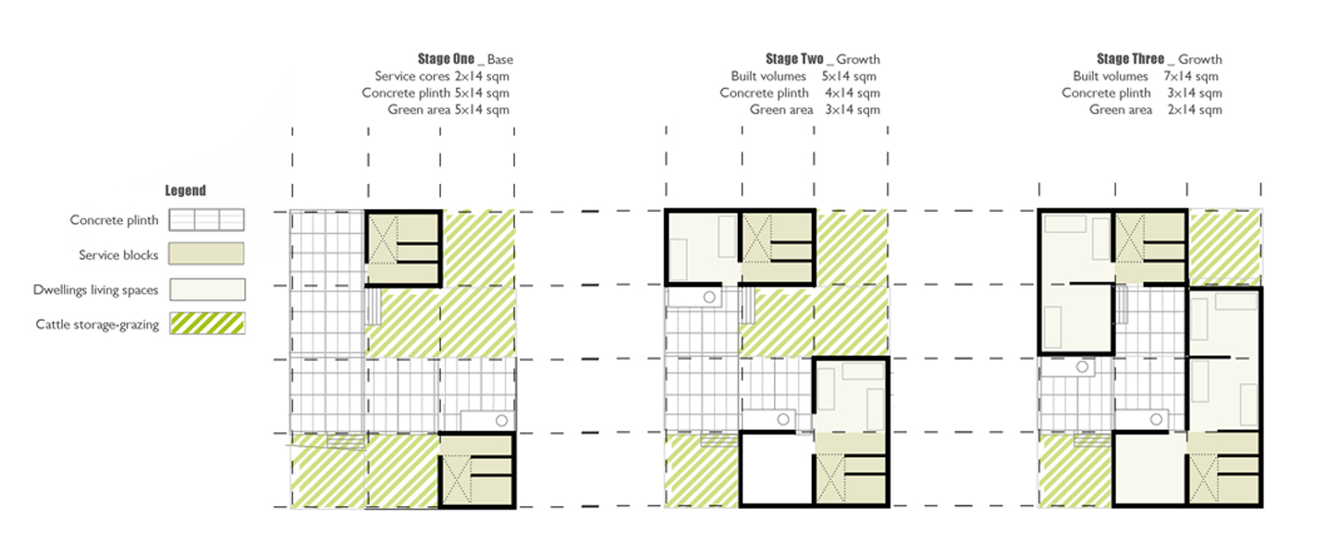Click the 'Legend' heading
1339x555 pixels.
185,191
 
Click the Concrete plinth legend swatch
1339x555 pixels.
206,220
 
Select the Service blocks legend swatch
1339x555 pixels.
206,253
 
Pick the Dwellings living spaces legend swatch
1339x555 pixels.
207,290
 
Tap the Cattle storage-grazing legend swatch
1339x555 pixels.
207,324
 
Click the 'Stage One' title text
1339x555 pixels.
446,58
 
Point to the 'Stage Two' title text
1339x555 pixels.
794,58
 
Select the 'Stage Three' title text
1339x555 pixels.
1130,58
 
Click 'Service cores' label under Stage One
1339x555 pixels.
412,76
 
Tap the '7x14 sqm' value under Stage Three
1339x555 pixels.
1191,76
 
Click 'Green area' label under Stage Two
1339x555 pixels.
781,109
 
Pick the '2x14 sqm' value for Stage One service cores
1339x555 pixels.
482,76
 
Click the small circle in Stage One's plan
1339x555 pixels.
501,421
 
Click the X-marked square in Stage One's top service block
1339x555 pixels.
383,240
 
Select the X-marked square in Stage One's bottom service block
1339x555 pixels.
456,479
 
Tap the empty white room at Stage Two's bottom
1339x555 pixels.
777,470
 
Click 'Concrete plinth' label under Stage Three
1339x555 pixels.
1106,92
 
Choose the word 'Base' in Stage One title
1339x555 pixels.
499,59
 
